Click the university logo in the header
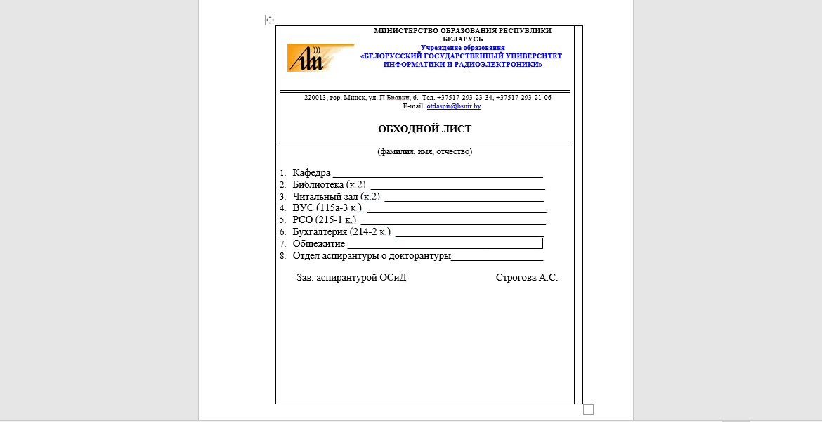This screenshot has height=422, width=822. click(320, 58)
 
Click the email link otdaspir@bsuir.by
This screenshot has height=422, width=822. click(453, 105)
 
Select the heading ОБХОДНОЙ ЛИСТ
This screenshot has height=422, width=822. click(424, 129)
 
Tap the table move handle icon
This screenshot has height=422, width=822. click(270, 20)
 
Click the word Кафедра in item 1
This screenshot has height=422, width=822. click(311, 173)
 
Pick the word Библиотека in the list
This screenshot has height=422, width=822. click(318, 184)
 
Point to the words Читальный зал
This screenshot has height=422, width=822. click(325, 196)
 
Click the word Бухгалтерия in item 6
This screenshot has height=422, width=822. click(320, 231)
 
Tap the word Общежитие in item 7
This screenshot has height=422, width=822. click(318, 243)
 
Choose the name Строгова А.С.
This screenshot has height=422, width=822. click(526, 278)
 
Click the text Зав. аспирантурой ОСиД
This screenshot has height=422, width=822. click(351, 278)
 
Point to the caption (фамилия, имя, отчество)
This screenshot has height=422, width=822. click(424, 151)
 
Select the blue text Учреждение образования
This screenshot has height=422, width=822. click(462, 47)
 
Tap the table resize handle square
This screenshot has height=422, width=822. click(589, 409)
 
